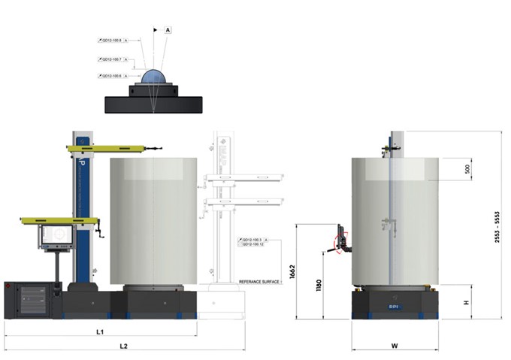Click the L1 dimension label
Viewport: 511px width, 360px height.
[100, 331]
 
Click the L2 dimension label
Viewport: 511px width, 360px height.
[125, 346]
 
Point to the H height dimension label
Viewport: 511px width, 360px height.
[466, 302]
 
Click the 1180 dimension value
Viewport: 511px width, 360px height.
[319, 286]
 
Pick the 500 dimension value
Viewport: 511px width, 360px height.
[467, 169]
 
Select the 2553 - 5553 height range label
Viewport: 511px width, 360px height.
[497, 225]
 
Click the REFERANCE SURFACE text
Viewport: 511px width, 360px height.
[259, 282]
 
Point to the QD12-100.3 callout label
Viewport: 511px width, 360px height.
[255, 240]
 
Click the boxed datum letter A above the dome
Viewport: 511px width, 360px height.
[168, 29]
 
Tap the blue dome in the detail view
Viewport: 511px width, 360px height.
[155, 77]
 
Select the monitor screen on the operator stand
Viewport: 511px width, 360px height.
[56, 236]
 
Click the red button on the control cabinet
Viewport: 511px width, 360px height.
[8, 286]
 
